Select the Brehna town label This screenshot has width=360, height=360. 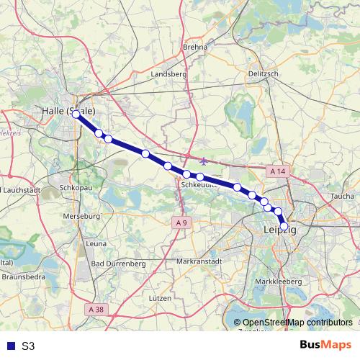pyautogui.click(x=195, y=47)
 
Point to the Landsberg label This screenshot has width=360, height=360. pyautogui.click(x=170, y=73)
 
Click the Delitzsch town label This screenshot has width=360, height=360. pyautogui.click(x=263, y=73)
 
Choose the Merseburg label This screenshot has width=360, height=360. pyautogui.click(x=82, y=216)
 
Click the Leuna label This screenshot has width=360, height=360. pyautogui.click(x=96, y=244)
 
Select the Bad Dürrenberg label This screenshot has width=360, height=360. pyautogui.click(x=120, y=264)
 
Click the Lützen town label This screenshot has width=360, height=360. pyautogui.click(x=160, y=298)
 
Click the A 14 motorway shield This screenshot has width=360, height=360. pyautogui.click(x=277, y=171)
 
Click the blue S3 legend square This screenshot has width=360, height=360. pyautogui.click(x=9, y=346)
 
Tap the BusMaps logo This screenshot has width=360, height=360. pyautogui.click(x=325, y=345)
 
